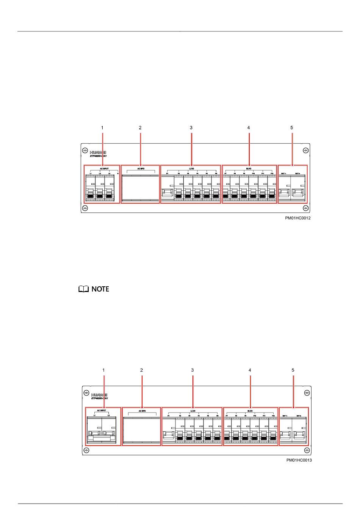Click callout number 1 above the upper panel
102,128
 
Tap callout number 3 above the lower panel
193,370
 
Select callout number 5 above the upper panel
292,128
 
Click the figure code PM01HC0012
298,218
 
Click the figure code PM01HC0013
299,460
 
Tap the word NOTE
100,289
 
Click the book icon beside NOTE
83,289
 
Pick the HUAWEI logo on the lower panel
99,394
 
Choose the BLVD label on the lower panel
250,410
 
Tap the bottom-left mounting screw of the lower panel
86,450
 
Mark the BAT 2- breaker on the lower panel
299,434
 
